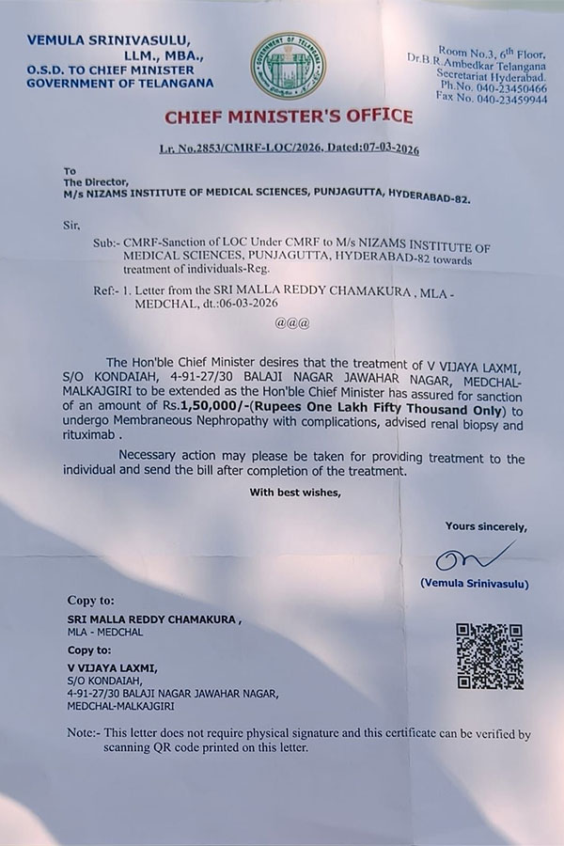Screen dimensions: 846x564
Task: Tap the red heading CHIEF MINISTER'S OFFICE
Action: click(x=289, y=117)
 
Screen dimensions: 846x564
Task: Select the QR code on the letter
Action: click(x=489, y=655)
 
